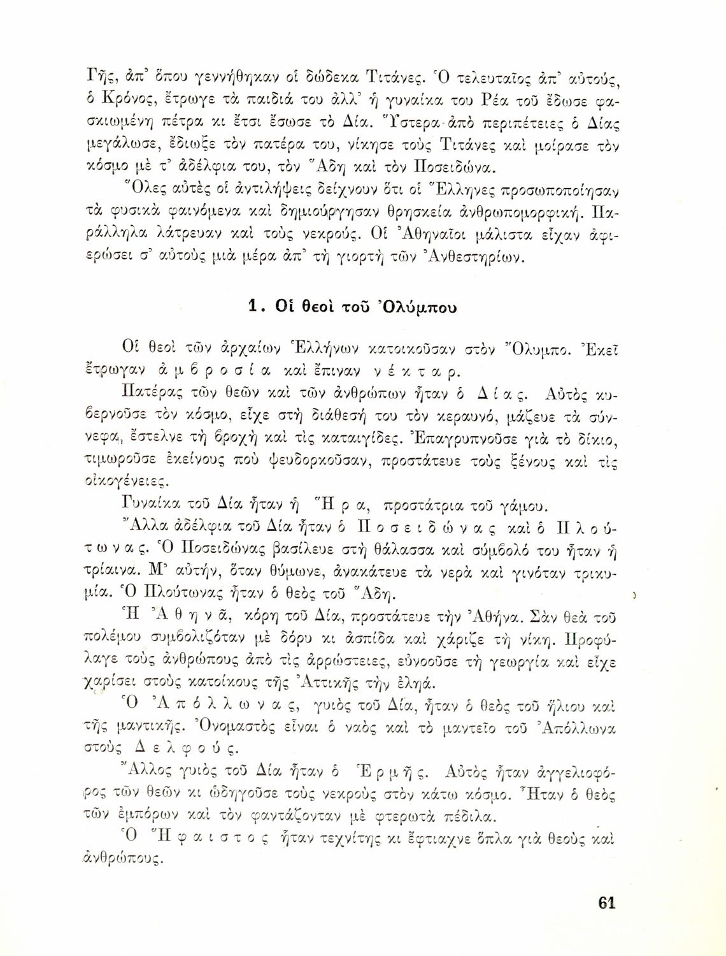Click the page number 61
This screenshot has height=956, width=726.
tap(606, 903)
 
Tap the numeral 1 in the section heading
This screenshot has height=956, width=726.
tap(253, 307)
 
